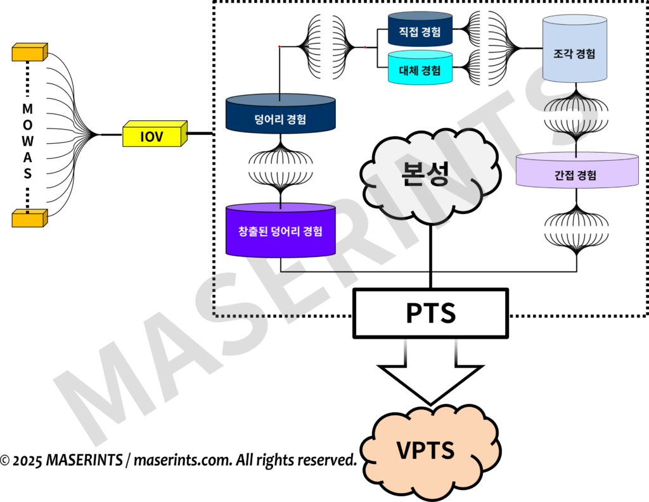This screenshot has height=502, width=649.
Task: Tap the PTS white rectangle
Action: [430, 313]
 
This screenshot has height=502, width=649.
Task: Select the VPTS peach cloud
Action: [426, 450]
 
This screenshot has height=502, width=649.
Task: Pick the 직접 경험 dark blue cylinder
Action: [420, 30]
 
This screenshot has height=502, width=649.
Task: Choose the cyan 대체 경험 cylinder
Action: [420, 68]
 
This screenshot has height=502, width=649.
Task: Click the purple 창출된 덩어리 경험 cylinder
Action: [280, 230]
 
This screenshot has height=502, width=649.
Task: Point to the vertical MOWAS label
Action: [27, 141]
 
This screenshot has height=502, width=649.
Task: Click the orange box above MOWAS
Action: [29, 52]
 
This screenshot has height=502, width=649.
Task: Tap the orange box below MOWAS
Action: [29, 218]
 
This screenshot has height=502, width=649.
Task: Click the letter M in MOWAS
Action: [27, 108]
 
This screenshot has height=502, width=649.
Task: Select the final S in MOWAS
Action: [27, 173]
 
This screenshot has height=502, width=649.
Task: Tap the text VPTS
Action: [425, 450]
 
